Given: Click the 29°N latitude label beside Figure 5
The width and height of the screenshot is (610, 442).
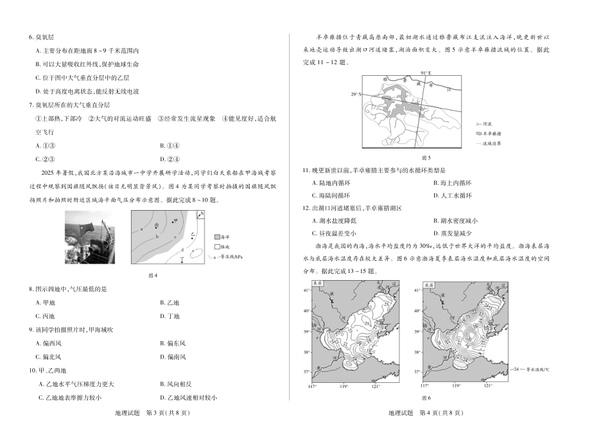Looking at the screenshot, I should point(356,94).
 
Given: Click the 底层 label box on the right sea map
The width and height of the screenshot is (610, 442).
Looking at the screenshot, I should point(430,283).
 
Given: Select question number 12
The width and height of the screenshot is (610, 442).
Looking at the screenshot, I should point(306,208).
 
